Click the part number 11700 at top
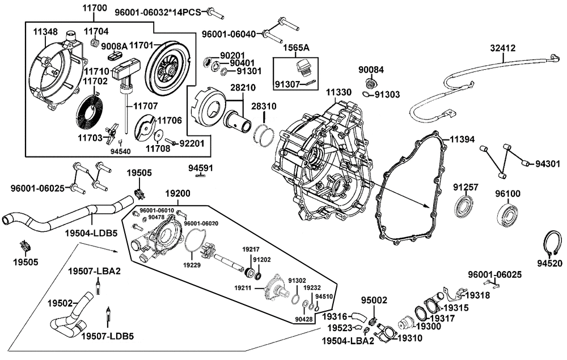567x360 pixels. [95, 7]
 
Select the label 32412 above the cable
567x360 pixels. [502, 48]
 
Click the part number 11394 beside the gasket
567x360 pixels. [462, 139]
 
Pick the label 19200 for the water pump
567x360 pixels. [177, 194]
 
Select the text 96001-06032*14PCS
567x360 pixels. [158, 12]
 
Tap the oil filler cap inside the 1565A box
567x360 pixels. [303, 68]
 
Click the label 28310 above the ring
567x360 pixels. [264, 107]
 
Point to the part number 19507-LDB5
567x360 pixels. [107, 337]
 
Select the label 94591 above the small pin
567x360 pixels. [201, 168]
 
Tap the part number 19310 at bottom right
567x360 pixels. [410, 338]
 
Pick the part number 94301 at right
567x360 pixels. [548, 164]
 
